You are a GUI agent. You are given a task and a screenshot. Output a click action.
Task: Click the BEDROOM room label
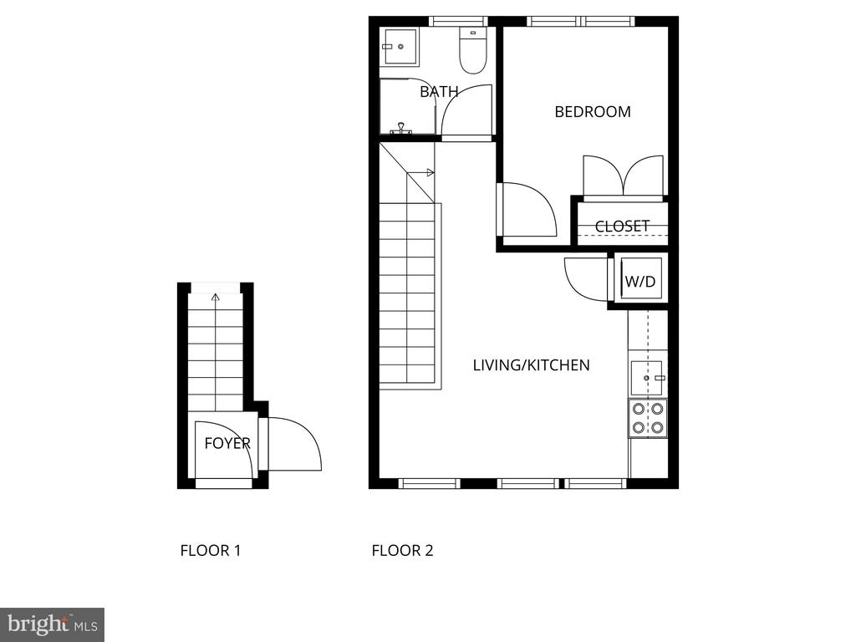[x=593, y=112]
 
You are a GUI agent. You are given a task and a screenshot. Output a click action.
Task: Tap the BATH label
[x=438, y=92]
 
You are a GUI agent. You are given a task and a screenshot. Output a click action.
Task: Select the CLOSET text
[x=622, y=226]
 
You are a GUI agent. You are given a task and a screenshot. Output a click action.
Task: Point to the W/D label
[x=639, y=282]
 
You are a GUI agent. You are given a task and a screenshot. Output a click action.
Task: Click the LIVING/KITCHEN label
[x=531, y=365]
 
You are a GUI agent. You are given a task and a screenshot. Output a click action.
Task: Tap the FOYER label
[x=227, y=443]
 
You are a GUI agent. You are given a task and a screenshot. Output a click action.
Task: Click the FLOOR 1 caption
[x=210, y=550]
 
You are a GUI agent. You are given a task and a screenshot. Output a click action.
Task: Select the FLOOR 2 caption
[x=402, y=550]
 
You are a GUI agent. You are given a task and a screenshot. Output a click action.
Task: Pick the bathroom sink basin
[x=400, y=47]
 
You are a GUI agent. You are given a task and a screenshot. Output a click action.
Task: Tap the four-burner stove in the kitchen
[x=648, y=419]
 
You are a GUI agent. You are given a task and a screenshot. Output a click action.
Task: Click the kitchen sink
[x=647, y=378]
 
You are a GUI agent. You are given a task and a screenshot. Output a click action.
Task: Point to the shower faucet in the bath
[x=401, y=129]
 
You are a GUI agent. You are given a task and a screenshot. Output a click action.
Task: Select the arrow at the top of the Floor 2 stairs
[x=420, y=173]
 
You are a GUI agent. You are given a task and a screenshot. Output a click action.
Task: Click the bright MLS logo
[x=52, y=624]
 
